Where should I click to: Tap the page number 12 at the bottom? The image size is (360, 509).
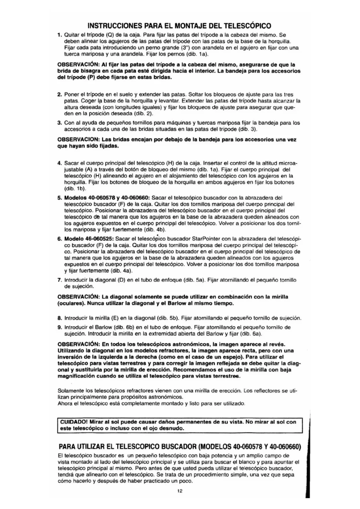coord(180,491)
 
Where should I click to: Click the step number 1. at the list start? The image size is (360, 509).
coord(59,35)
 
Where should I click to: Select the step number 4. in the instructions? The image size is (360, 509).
coord(59,163)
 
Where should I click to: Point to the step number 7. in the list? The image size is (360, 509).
coord(59,280)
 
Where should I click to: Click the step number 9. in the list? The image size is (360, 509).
coord(59,327)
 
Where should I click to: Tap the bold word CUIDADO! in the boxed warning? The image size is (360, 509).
coord(74,422)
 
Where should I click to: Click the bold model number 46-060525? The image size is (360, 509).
coord(100,239)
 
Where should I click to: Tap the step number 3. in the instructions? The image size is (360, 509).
coord(59,123)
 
